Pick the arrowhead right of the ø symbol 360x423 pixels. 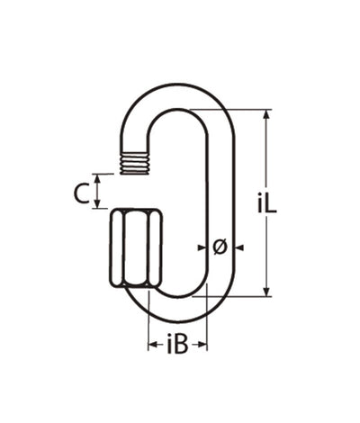tap(238, 245)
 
